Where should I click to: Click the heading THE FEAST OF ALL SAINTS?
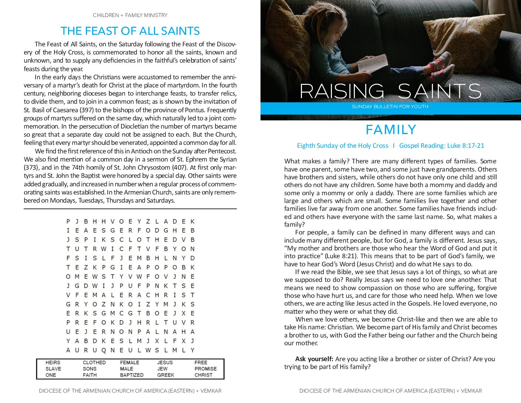tap(130, 31)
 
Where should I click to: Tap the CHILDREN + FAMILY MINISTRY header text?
tap(130, 15)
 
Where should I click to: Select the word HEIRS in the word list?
tap(53, 363)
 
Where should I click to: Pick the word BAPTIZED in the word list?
tap(132, 375)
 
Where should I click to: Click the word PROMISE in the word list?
tap(206, 369)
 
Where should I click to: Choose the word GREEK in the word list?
tap(166, 375)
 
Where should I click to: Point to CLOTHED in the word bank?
tap(94, 363)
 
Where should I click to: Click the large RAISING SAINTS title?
tap(390, 91)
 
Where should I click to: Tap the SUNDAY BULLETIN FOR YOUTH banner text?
tap(390, 107)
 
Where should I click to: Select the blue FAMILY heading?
tap(391, 130)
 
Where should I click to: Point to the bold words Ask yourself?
tap(314, 359)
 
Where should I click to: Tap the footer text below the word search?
tap(130, 391)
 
